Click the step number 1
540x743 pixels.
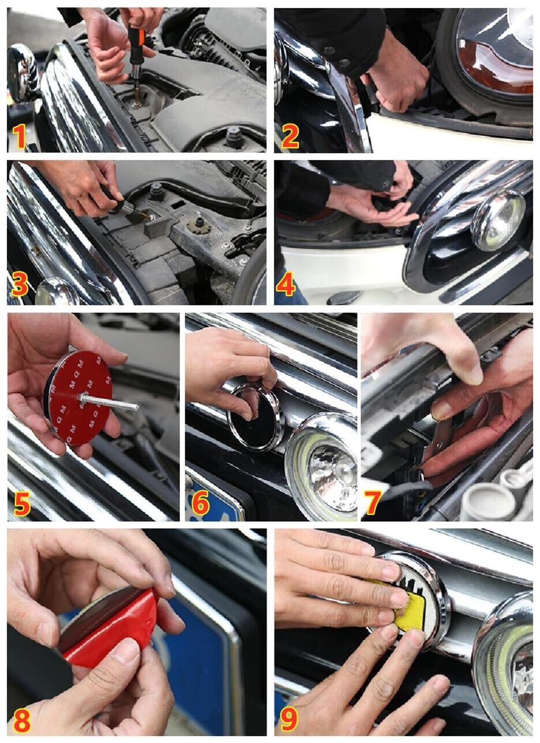[19, 137]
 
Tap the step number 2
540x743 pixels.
[290, 137]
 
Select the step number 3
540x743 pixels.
[20, 285]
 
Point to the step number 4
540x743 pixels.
[286, 284]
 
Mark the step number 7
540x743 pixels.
[372, 503]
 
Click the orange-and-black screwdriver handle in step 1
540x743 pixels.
[137, 46]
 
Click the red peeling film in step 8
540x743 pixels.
[110, 628]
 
